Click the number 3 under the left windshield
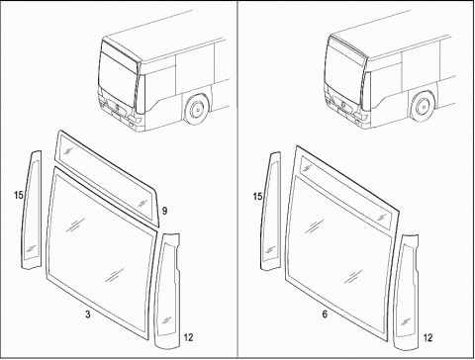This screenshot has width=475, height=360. (88, 315)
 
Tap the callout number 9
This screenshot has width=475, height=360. (164, 211)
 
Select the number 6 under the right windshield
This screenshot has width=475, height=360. (325, 315)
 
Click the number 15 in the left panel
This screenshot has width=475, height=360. (19, 195)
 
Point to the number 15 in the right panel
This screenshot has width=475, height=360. (257, 197)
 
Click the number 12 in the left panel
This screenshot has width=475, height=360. (188, 337)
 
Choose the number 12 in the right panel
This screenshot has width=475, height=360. (427, 337)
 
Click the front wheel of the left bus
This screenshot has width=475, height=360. (197, 109)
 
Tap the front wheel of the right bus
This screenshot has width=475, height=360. (423, 107)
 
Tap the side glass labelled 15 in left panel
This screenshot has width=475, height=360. (32, 211)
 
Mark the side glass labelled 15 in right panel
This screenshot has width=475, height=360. (271, 212)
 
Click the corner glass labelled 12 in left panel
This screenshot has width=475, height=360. (167, 290)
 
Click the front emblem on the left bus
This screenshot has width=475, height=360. (118, 107)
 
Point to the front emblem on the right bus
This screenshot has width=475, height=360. (343, 103)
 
